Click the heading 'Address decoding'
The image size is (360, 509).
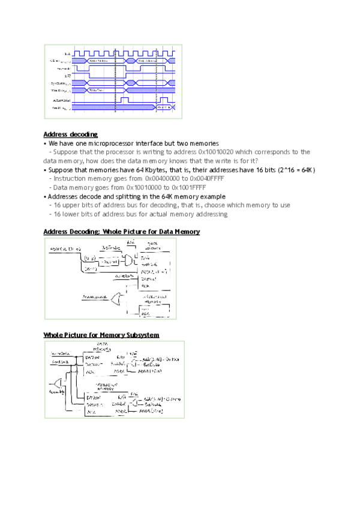pyautogui.click(x=71, y=134)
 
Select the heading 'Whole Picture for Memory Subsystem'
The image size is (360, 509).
pyautogui.click(x=101, y=334)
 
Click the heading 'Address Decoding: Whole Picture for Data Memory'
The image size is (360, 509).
pyautogui.click(x=122, y=232)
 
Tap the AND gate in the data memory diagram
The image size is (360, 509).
pyautogui.click(x=129, y=260)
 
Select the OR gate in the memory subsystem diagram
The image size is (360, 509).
pyautogui.click(x=58, y=383)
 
